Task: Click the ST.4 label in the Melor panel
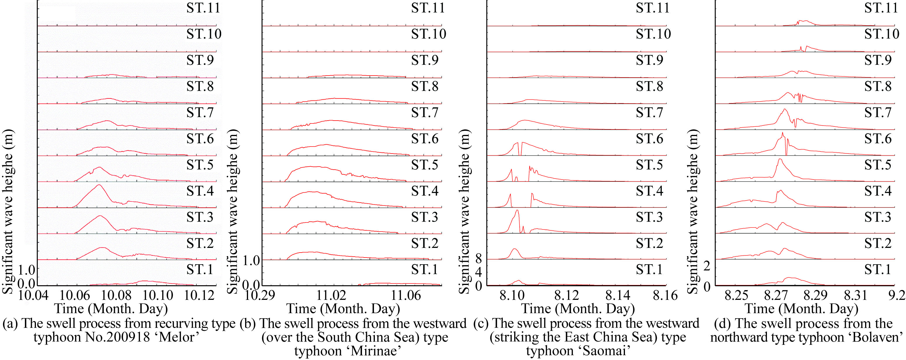pyautogui.click(x=200, y=191)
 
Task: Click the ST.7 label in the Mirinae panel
pyautogui.click(x=425, y=112)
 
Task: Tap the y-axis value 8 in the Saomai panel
pyautogui.click(x=478, y=259)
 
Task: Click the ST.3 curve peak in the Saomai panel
pyautogui.click(x=517, y=210)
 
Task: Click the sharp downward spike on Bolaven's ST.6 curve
pyautogui.click(x=787, y=154)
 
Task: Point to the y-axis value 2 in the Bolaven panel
pyautogui.click(x=707, y=266)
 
